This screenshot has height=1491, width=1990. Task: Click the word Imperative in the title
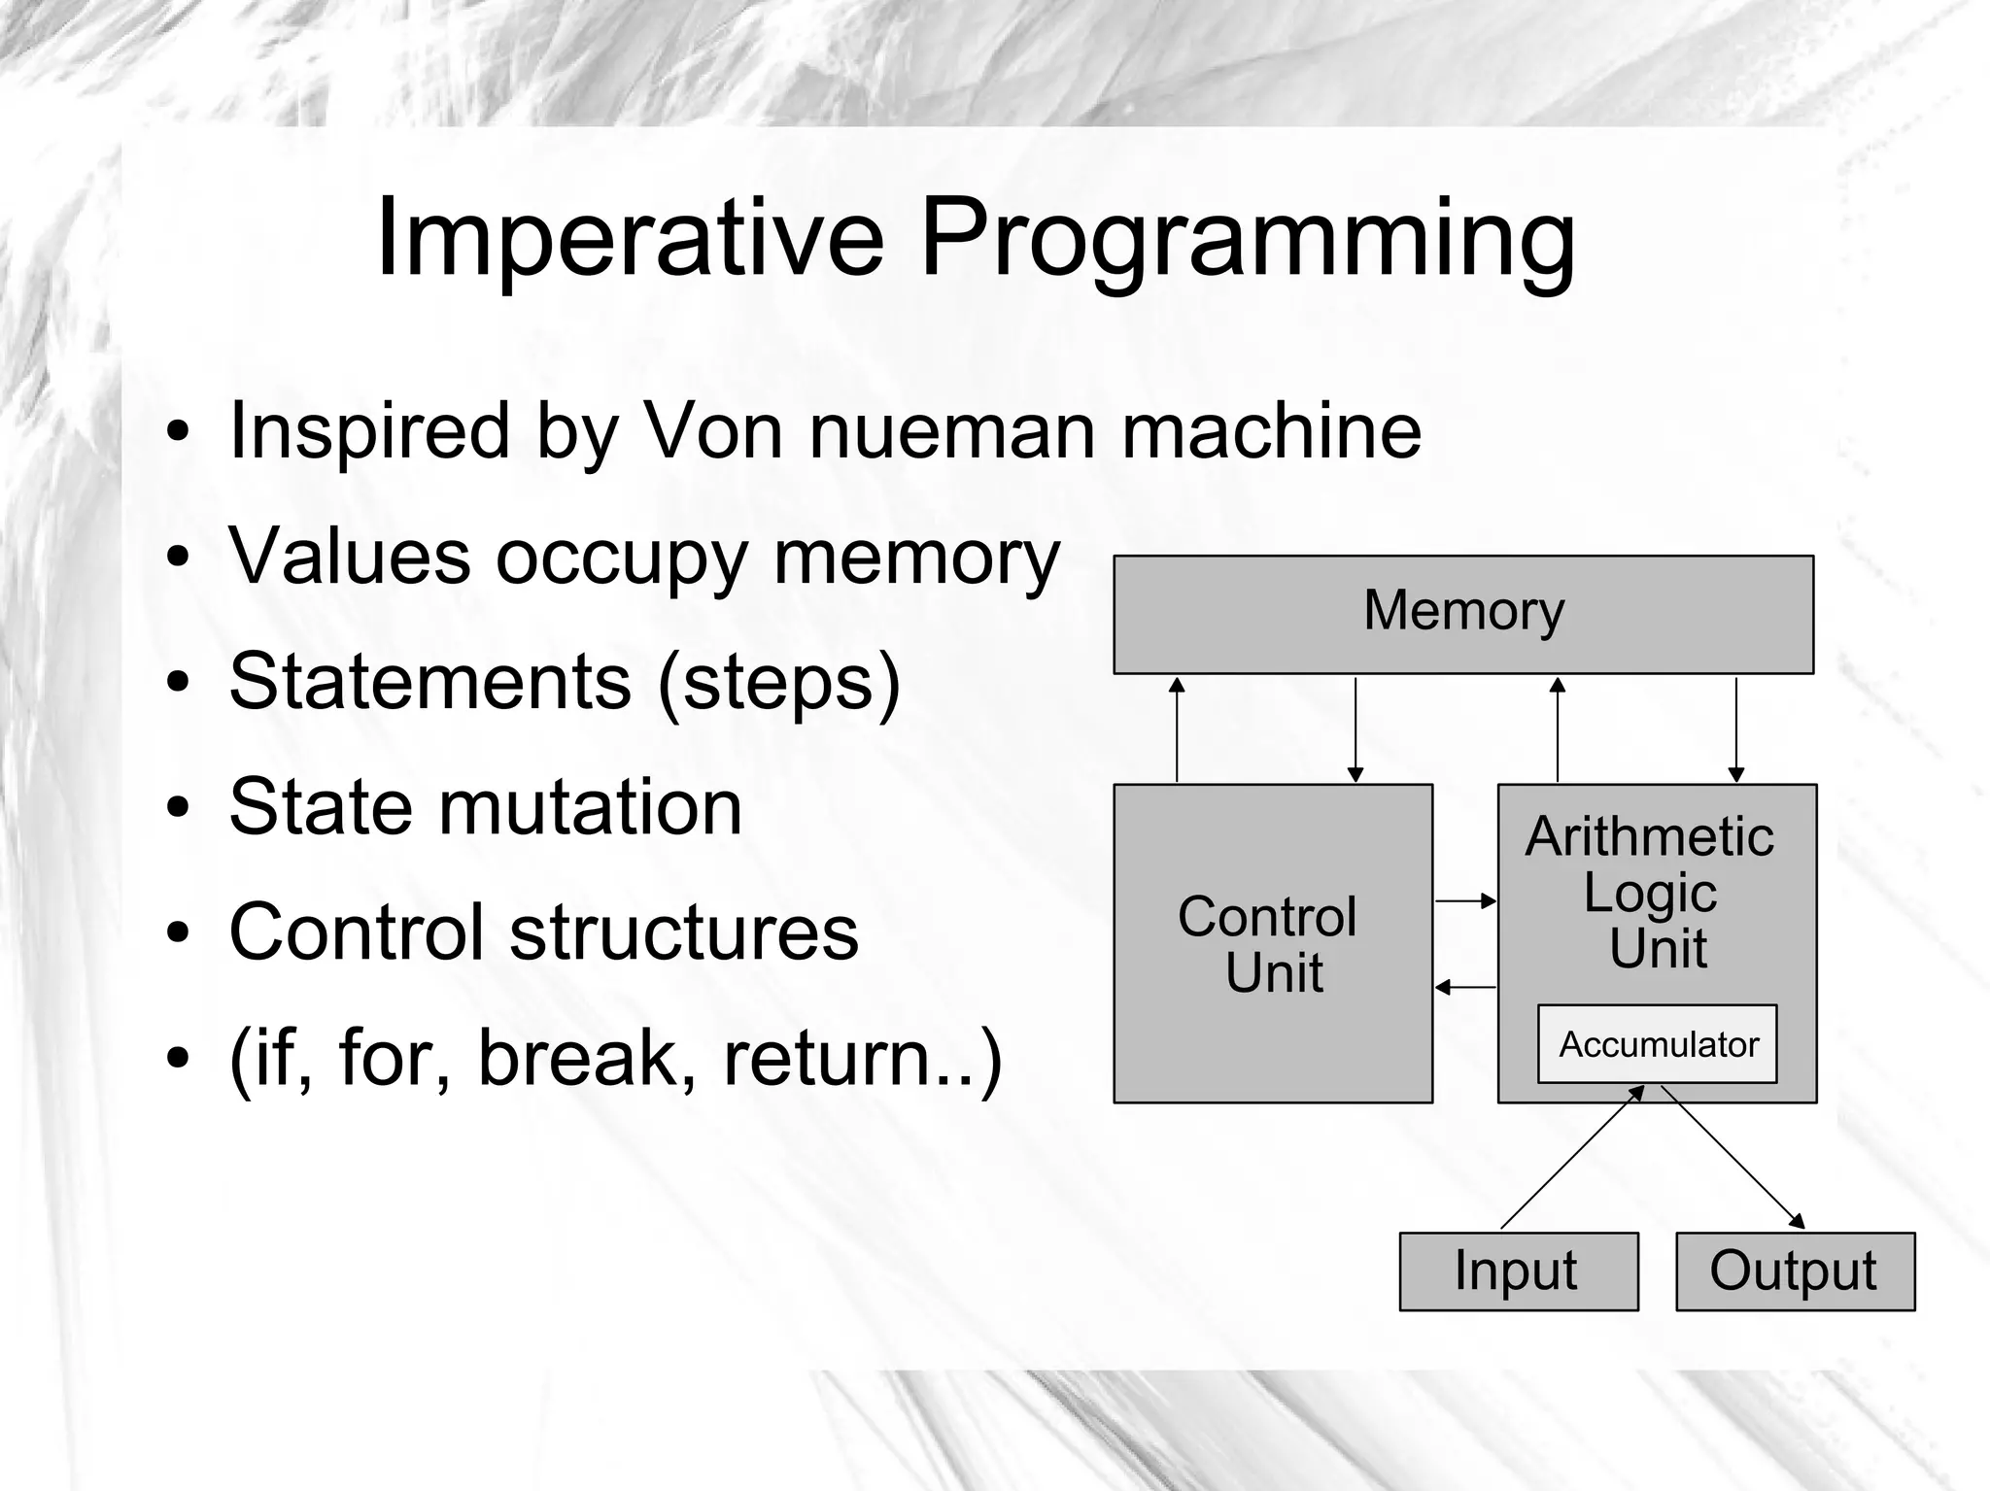point(630,238)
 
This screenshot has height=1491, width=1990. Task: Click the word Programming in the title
point(1248,238)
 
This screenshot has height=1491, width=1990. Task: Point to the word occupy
point(622,559)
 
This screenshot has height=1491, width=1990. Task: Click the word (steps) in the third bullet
point(779,682)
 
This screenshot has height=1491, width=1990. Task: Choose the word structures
point(684,932)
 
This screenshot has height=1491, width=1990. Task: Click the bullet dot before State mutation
point(177,807)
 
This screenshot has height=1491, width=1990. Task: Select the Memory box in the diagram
point(1463,614)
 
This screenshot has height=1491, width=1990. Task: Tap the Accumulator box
point(1657,1044)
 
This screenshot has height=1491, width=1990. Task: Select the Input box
point(1518,1271)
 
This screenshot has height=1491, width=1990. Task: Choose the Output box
point(1794,1271)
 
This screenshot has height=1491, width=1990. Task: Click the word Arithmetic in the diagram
point(1649,836)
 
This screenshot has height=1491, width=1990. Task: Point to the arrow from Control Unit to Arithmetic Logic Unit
point(1465,901)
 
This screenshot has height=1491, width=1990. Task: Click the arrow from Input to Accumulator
point(1572,1158)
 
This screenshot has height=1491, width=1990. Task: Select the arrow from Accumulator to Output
point(1733,1158)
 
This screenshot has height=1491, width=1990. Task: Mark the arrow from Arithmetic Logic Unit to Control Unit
point(1465,987)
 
